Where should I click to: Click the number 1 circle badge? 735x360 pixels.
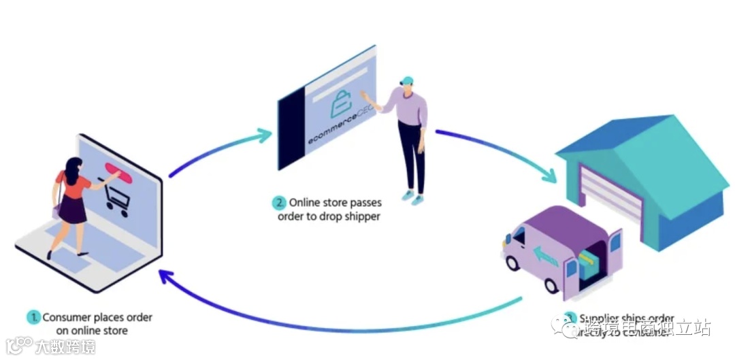click(x=33, y=318)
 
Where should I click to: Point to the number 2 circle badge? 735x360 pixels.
click(x=279, y=203)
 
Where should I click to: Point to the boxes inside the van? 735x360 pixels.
click(x=589, y=262)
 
